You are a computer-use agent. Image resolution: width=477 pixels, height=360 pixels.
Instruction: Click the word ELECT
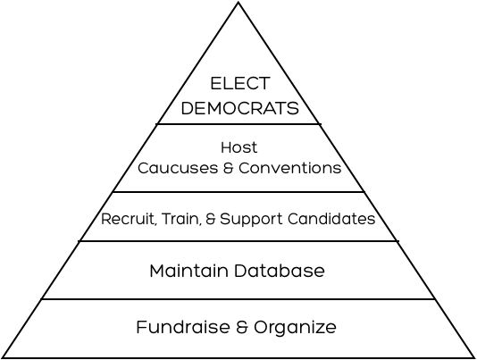point(240,83)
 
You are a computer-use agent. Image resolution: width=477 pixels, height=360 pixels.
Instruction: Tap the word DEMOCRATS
point(240,108)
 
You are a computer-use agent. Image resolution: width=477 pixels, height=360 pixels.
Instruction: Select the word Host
point(239,147)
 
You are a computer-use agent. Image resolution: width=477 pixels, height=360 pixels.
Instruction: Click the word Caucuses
point(178,168)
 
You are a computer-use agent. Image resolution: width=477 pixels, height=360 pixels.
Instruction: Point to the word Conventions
point(290,168)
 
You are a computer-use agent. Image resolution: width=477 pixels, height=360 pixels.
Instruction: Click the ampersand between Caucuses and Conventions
point(228,168)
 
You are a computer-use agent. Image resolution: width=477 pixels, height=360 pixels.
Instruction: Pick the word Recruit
point(128,219)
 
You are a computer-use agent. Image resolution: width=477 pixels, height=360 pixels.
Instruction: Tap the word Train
point(181,219)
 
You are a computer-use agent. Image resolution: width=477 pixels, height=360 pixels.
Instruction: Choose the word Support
point(252,220)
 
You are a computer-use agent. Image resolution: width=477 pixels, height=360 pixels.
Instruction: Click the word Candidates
point(331,219)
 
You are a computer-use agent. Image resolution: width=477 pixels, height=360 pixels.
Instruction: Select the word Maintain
point(188,271)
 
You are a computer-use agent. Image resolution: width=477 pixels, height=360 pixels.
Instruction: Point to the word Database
point(280,271)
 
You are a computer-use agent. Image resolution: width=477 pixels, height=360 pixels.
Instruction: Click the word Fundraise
point(183,327)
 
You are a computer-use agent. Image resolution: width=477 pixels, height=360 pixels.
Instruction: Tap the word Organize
point(295,327)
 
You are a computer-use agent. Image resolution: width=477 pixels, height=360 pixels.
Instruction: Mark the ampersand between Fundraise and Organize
point(242,327)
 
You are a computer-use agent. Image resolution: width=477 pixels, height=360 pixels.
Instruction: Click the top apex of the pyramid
point(238,3)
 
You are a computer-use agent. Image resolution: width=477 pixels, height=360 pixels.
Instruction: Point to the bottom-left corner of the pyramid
point(3,357)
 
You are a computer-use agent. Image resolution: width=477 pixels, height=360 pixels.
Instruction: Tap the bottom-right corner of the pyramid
point(474,357)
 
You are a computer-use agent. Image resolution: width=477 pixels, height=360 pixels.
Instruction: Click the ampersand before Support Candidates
point(211,219)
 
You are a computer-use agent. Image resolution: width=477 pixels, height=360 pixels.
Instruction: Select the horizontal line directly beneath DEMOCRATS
point(238,124)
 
